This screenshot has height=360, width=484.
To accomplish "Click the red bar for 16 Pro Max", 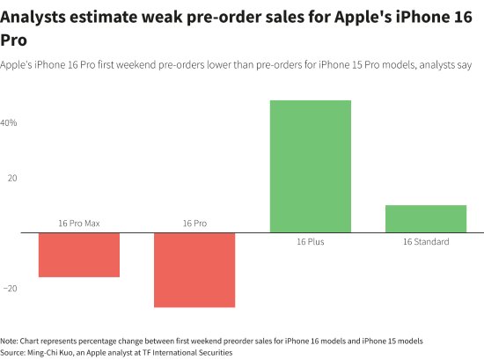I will click(79, 255).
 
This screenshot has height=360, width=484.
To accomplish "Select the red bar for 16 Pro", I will click(194, 270).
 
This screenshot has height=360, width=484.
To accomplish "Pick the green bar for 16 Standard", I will click(426, 219).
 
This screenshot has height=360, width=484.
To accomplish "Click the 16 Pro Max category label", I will click(79, 224).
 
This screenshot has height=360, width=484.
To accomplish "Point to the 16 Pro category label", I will click(194, 224).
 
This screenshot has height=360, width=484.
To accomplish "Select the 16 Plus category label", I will click(311, 242).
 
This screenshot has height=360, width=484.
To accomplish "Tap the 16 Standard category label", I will click(426, 242).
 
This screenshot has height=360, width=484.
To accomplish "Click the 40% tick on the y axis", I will click(9, 123).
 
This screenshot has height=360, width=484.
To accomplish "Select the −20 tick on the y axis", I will click(9, 288).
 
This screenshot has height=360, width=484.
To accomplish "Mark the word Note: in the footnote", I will click(10, 341).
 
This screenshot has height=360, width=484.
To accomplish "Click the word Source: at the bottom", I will click(13, 352).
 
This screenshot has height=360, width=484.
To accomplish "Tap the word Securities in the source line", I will click(213, 352).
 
